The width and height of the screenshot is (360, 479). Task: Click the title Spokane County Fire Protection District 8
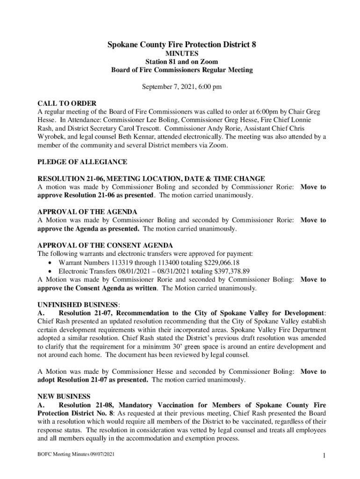pyautogui.click(x=182, y=45)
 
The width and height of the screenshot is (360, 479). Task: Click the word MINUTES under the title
pyautogui.click(x=182, y=54)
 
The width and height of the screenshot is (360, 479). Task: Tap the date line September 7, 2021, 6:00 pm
pyautogui.click(x=182, y=87)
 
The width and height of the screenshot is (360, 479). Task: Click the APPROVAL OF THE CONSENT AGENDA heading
pyautogui.click(x=105, y=246)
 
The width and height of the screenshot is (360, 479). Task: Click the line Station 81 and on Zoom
pyautogui.click(x=182, y=62)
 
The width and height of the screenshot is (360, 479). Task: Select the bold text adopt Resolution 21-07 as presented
pyautogui.click(x=93, y=380)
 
